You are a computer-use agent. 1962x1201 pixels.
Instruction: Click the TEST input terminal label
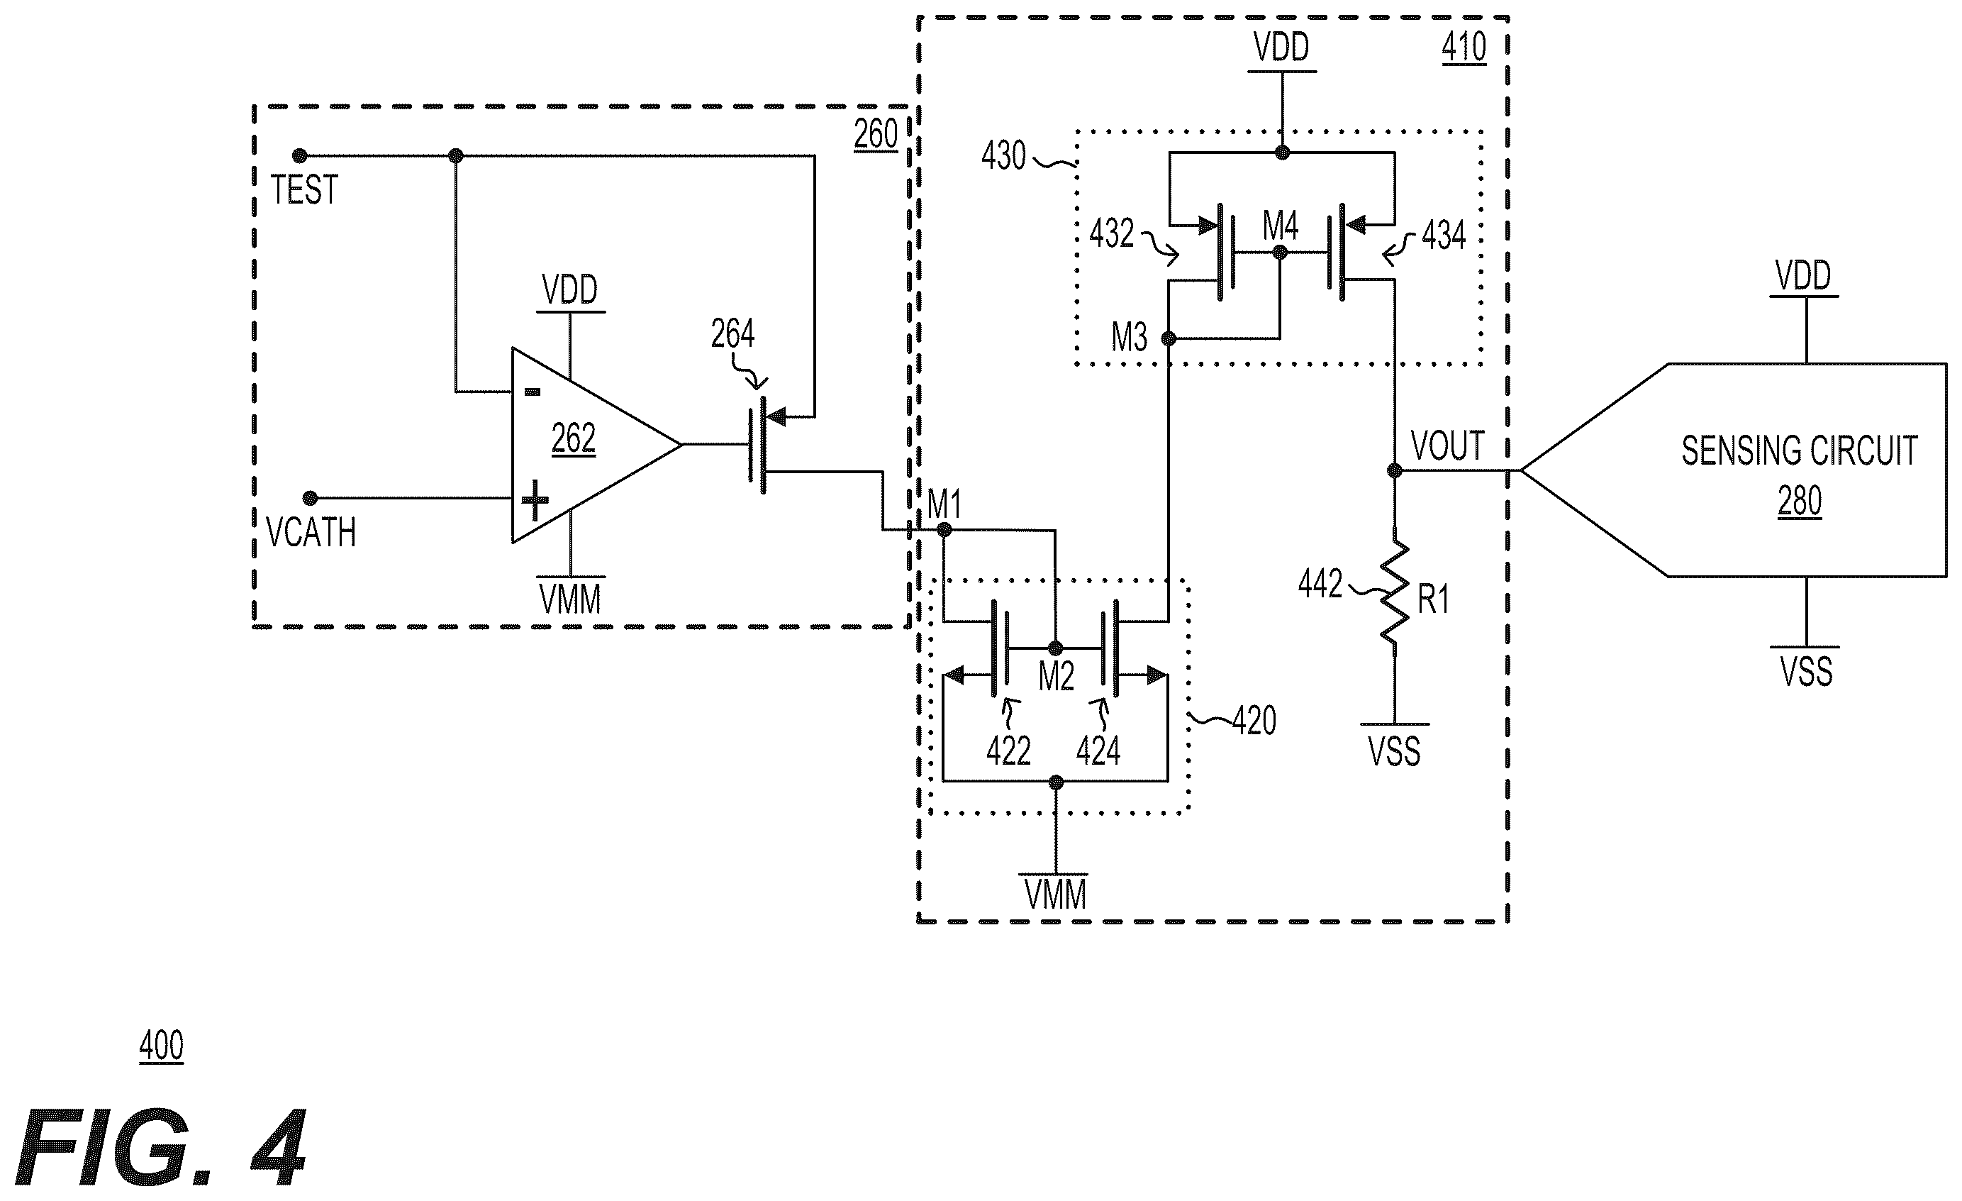(304, 190)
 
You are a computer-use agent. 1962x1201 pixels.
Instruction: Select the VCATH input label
(311, 533)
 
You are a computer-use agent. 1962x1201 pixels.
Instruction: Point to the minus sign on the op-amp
(533, 392)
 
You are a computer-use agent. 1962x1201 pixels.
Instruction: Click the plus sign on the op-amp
(535, 501)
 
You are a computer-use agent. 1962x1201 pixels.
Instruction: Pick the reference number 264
(732, 333)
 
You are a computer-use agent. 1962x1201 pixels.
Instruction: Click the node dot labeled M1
(944, 530)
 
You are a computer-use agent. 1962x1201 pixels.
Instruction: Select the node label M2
(1057, 677)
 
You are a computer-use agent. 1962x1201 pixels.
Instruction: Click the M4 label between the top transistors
(1281, 227)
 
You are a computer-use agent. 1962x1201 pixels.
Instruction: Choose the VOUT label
(1449, 446)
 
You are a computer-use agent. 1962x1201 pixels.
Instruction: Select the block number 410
(1464, 48)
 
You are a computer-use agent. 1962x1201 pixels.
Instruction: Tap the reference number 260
(876, 135)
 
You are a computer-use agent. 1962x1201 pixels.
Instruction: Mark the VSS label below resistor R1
(1394, 752)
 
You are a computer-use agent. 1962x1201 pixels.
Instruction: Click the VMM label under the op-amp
(570, 599)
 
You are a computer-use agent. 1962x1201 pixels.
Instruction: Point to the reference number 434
(1444, 236)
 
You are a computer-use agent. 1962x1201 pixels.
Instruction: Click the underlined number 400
(162, 1046)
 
